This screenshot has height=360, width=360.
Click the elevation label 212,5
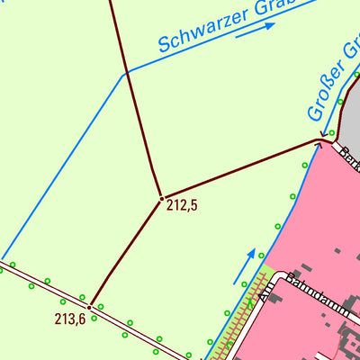coord(182,205)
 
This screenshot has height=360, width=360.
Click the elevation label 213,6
coord(69,318)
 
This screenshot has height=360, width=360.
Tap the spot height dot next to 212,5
coord(161,198)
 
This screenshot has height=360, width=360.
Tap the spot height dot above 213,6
coord(89,306)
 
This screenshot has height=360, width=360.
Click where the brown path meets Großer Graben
coord(319,140)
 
